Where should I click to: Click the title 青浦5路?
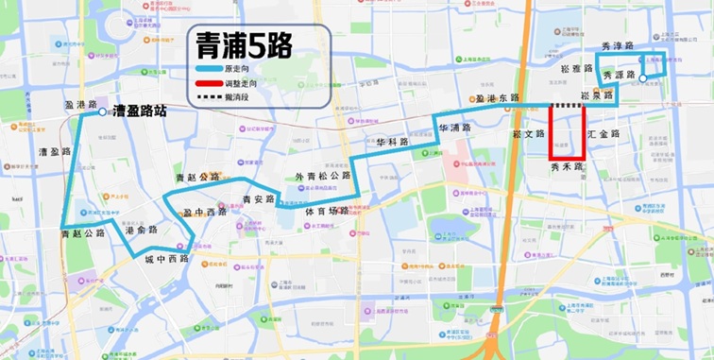click(243, 44)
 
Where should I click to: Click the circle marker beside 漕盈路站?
click(102, 111)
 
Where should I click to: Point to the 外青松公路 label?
click(323, 177)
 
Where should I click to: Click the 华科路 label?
click(392, 143)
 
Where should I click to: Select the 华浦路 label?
click(454, 128)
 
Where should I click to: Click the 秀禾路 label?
click(567, 166)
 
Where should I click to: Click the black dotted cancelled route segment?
click(568, 106)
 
